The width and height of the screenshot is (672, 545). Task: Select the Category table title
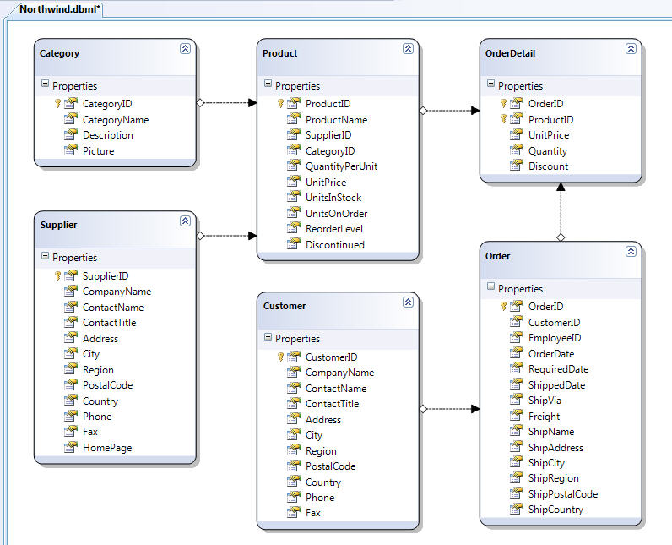(60, 53)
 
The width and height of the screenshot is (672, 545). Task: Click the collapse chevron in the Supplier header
(185, 221)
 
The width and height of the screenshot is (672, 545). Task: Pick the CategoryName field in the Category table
(115, 120)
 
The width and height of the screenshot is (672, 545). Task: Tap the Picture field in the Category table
(98, 151)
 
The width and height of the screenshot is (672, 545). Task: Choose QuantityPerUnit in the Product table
(341, 166)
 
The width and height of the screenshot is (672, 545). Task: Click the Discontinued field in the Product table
(334, 245)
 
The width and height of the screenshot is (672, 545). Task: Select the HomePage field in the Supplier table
(107, 448)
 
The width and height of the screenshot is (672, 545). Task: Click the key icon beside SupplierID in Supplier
(58, 276)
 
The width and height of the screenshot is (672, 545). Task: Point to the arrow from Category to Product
(226, 103)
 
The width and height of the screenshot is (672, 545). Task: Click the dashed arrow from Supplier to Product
(226, 236)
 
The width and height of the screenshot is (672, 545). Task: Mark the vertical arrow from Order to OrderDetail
(560, 211)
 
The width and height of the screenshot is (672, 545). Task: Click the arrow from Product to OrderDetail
(449, 110)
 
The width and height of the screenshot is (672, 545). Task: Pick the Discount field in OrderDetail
(548, 166)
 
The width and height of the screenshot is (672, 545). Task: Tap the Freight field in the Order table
(544, 417)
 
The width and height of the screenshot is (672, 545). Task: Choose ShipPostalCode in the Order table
(562, 494)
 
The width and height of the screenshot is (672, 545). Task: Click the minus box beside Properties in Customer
(268, 338)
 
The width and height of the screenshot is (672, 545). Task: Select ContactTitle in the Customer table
(332, 404)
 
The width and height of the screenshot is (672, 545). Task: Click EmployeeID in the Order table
(554, 338)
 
